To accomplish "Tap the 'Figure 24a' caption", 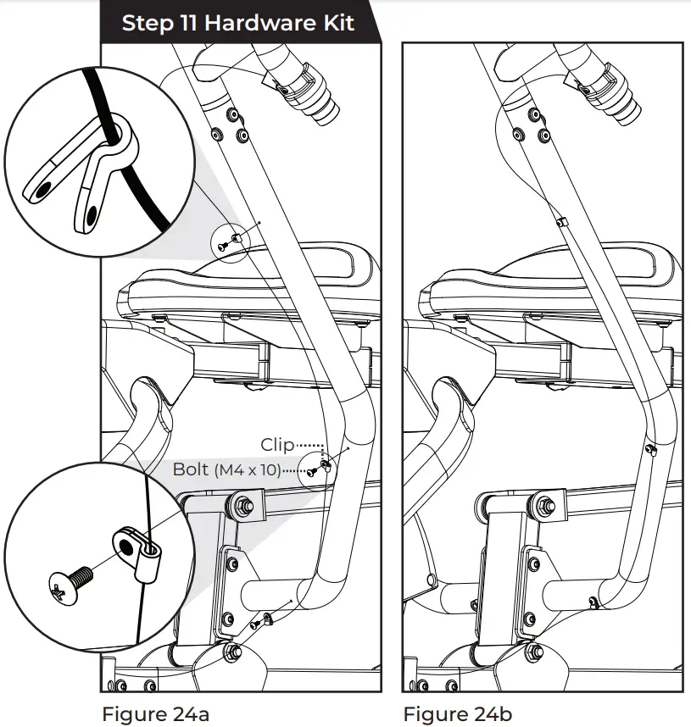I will tap(154, 713).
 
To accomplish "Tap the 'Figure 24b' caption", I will tap(458, 713).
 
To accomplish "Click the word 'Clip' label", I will tap(277, 445).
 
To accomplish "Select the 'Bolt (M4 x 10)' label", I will tap(226, 469).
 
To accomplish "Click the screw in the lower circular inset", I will tap(72, 584).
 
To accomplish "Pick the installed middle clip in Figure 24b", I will tap(650, 449).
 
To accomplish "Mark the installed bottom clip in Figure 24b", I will tap(591, 603).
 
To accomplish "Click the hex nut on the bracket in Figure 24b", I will tap(545, 506).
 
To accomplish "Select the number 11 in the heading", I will tap(188, 23).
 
